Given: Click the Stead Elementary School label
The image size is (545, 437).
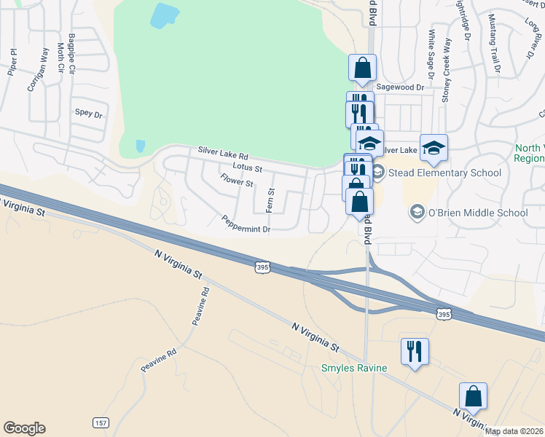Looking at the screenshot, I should [445, 173].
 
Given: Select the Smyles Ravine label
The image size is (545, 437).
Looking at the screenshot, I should [354, 368].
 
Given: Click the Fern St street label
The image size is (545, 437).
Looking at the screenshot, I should [270, 201].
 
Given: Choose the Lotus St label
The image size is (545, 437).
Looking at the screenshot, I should [247, 168].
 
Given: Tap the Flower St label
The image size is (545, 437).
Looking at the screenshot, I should [236, 179].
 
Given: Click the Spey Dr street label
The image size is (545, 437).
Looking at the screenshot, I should [89, 113].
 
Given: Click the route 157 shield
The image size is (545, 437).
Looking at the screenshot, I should [101, 422].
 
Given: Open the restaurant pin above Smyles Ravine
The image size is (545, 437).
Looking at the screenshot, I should [415, 352].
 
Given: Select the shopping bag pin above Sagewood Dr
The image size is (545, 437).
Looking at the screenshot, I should [362, 68].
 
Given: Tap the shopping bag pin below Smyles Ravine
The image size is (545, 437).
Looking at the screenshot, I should [473, 397].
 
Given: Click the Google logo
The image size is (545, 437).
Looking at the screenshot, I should [24, 428].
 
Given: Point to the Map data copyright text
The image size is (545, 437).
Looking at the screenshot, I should [514, 431].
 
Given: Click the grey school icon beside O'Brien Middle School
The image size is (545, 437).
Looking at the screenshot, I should [417, 213].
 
